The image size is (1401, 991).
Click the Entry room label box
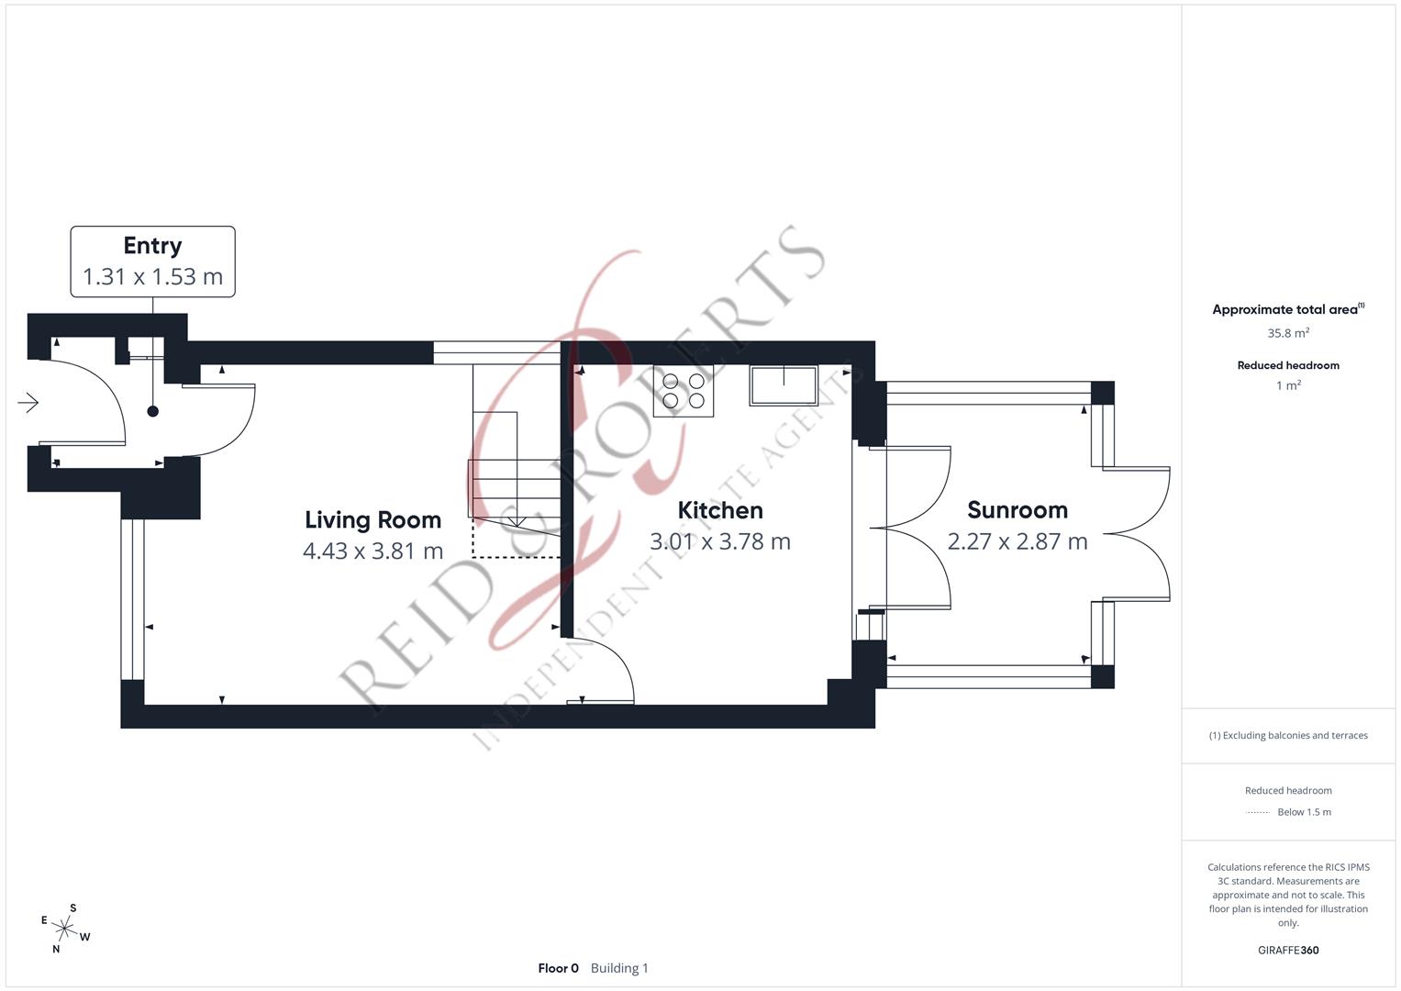pos(152,262)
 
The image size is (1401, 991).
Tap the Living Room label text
pos(372,520)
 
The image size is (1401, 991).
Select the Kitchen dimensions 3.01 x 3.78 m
pos(719,541)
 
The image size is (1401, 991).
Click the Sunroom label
pos(1017,510)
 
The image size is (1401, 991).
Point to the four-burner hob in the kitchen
pos(684,391)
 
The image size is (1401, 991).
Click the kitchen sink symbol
pos(784,385)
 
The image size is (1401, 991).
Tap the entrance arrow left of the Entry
pos(28,402)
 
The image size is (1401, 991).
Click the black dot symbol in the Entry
pos(153,411)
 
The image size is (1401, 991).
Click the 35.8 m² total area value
pos(1288,333)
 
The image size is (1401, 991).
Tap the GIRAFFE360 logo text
pos(1287,950)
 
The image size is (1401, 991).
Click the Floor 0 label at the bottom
pos(558,968)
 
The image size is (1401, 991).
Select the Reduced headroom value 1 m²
pos(1288,385)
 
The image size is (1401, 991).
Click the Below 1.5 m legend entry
pos(1303,812)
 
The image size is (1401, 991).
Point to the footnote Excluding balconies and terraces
pos(1288,735)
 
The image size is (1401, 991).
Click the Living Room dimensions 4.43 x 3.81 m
pos(372,551)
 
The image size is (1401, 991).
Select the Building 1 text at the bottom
pos(619,968)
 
